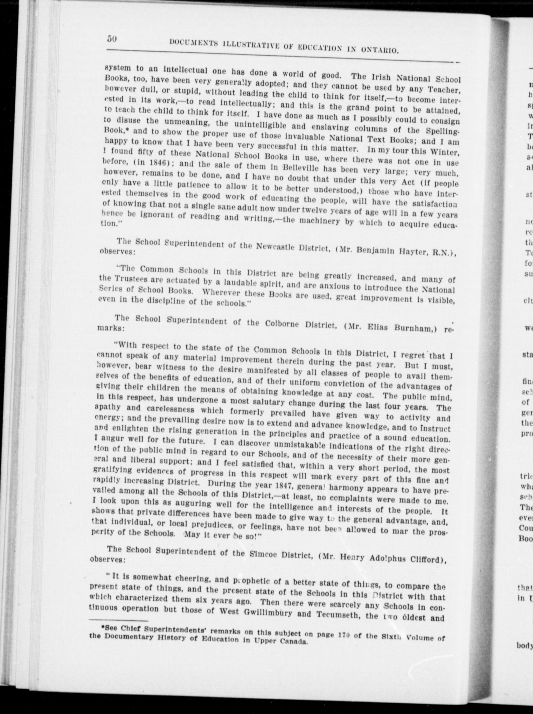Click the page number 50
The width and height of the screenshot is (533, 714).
112,38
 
